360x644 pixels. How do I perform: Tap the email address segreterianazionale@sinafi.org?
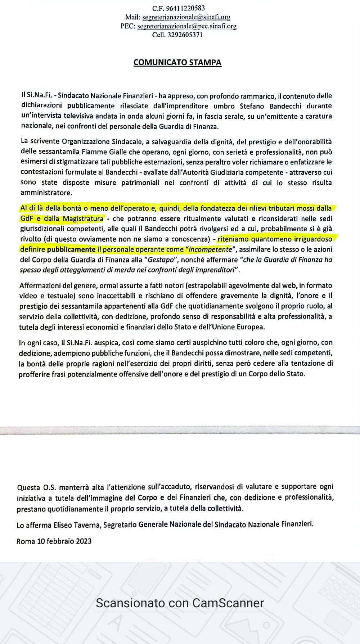pos(186,17)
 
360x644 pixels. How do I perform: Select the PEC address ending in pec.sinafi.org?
pos(187,26)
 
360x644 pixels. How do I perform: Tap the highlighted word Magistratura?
pos(83,219)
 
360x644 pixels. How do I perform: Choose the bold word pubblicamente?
pos(71,249)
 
